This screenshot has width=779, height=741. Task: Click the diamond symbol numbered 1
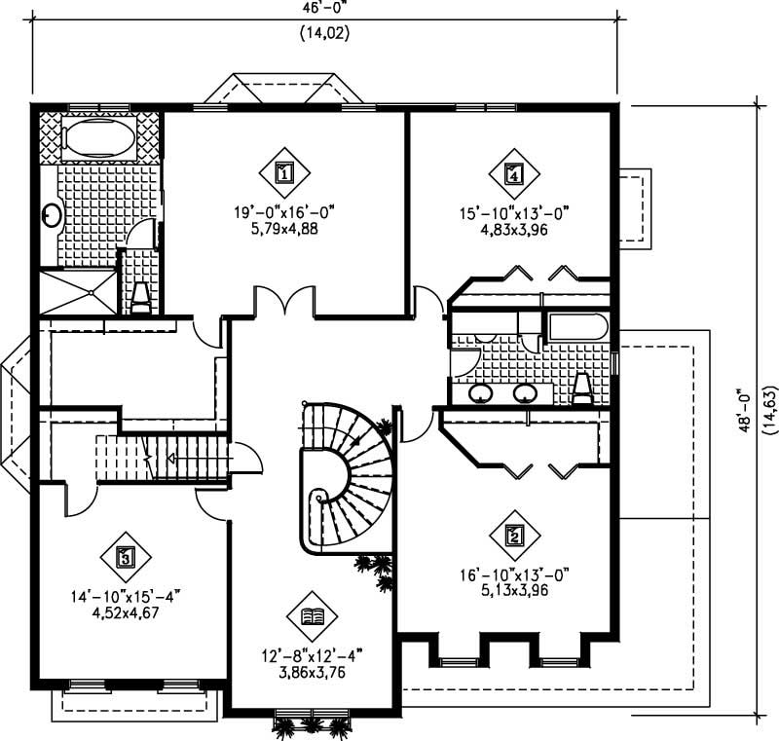[284, 173]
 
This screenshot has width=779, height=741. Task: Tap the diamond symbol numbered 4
[513, 173]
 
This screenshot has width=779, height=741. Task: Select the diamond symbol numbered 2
[513, 535]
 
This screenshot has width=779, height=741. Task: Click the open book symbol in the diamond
[313, 615]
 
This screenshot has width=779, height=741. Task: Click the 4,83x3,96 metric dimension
[513, 231]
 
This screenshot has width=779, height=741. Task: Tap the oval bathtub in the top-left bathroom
[97, 137]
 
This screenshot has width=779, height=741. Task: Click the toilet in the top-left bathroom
[140, 297]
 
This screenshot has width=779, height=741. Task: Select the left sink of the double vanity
[480, 393]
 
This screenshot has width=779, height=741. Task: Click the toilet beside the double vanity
[583, 388]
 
